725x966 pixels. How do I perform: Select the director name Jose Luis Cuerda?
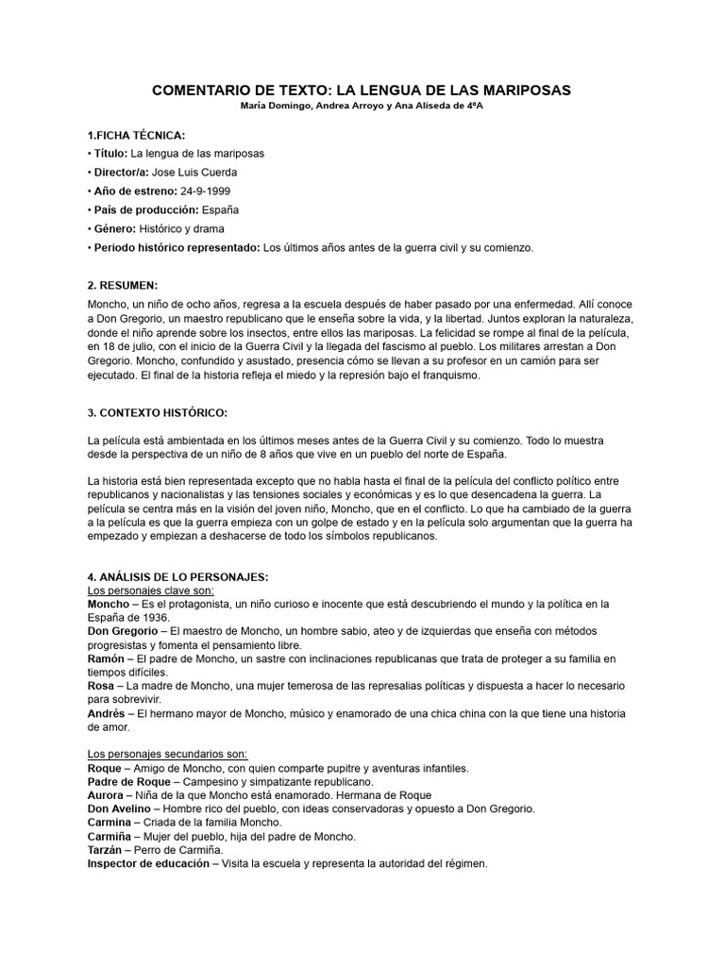coord(209,172)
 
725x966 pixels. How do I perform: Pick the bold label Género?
coord(114,228)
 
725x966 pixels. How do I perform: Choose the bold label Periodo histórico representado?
coord(177,247)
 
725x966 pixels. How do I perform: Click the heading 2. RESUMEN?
coord(123,285)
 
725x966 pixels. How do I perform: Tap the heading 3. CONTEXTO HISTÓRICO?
coord(157,412)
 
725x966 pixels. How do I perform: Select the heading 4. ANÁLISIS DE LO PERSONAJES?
coord(178,576)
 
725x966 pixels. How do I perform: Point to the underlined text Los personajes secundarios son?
coord(167,754)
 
